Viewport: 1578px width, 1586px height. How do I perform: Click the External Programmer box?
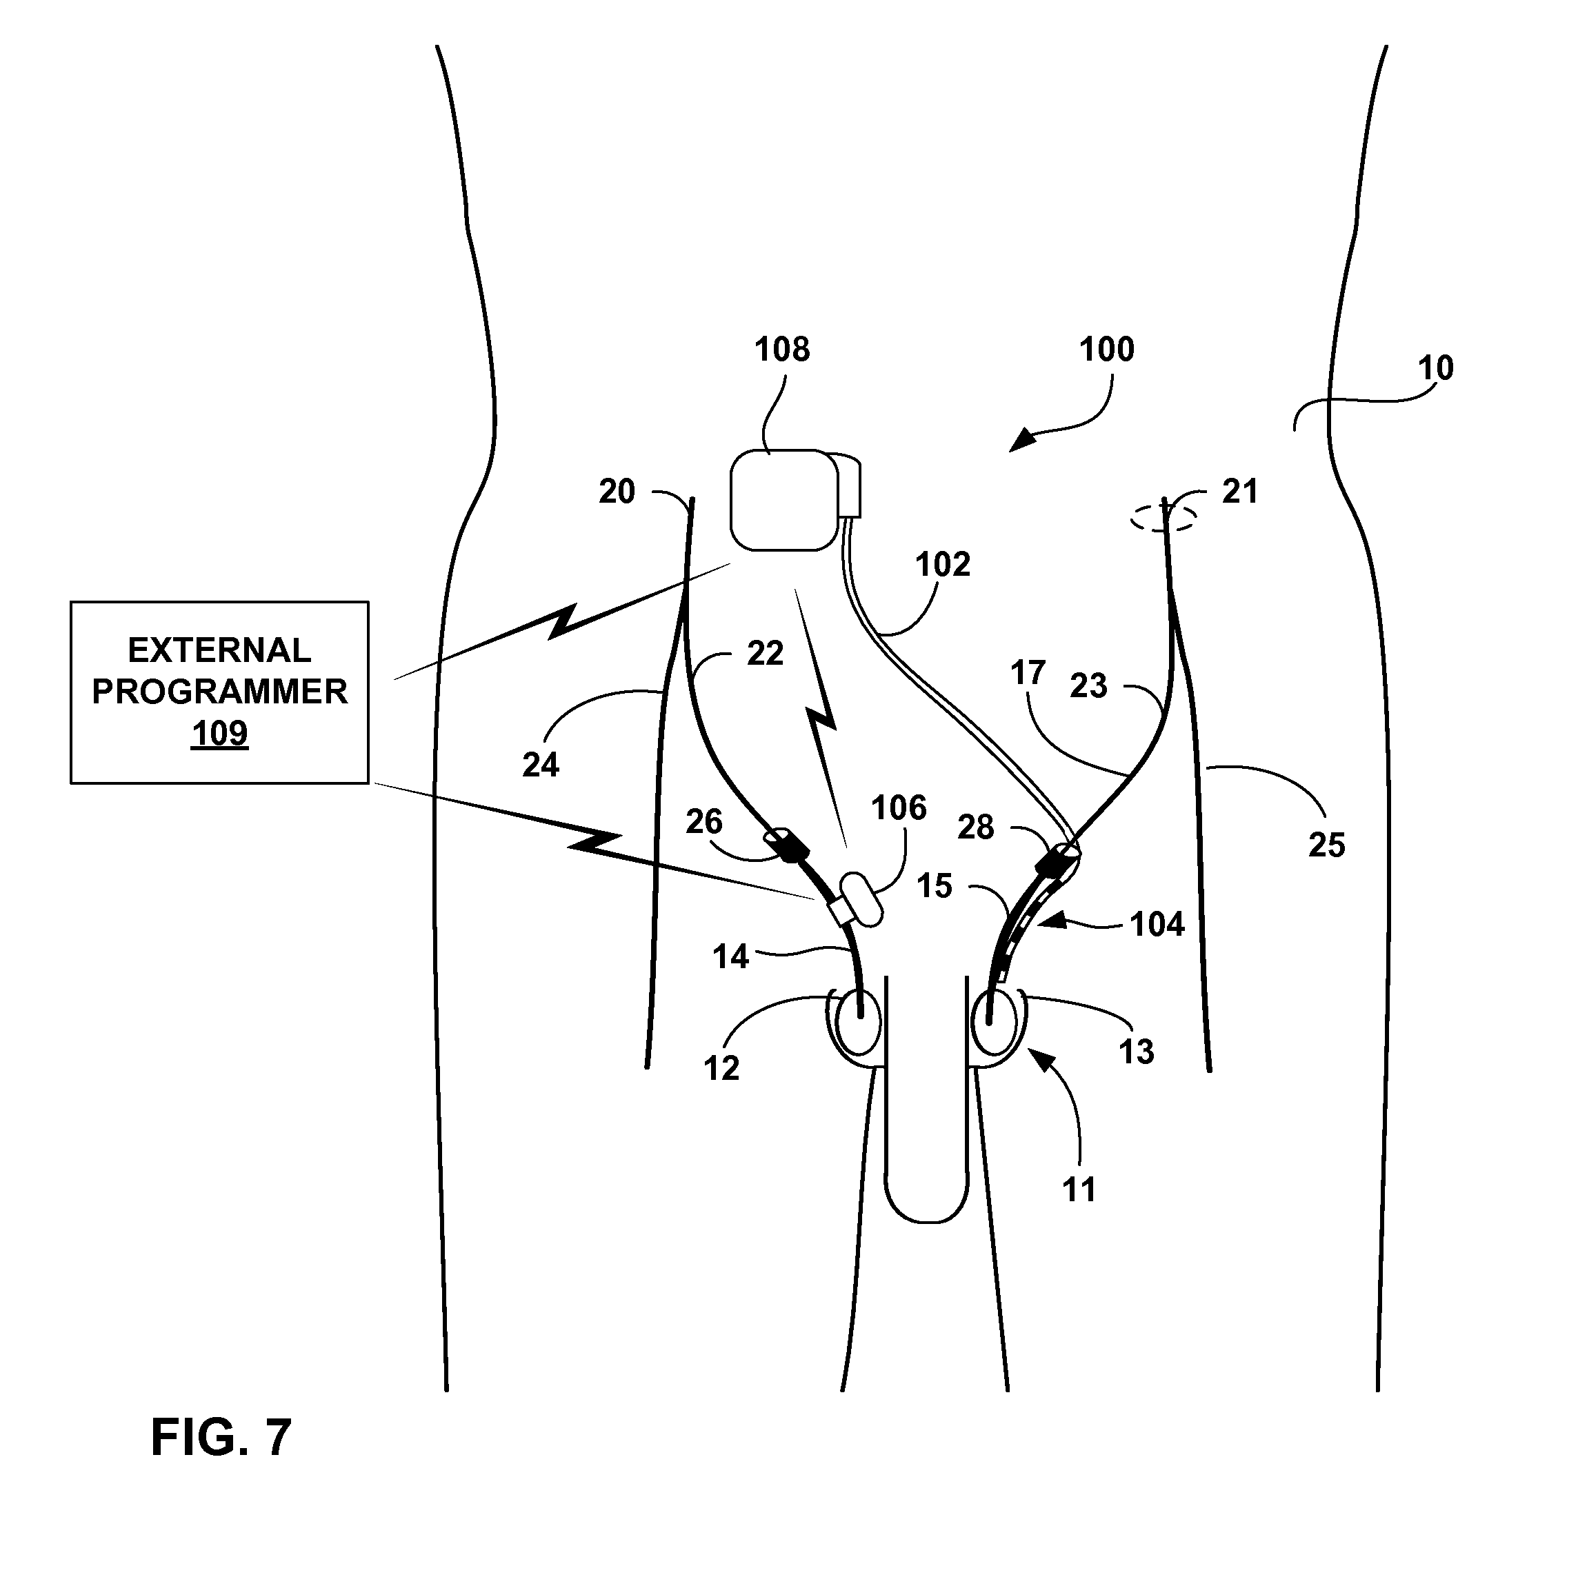[x=219, y=692]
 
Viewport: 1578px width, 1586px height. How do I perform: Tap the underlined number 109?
[x=219, y=733]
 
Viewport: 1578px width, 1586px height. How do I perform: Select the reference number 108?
[x=781, y=350]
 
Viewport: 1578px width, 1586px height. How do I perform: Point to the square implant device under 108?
[x=784, y=500]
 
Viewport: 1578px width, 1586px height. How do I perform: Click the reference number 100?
[x=1106, y=350]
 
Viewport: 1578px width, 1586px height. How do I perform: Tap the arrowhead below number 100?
[x=1023, y=440]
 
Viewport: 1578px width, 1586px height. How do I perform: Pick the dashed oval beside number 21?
[x=1163, y=518]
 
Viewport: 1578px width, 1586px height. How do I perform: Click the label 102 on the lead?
[x=943, y=565]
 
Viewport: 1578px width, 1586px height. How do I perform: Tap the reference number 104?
[x=1157, y=924]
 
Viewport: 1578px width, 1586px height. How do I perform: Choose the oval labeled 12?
[x=857, y=1022]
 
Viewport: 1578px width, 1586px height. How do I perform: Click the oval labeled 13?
[x=995, y=1022]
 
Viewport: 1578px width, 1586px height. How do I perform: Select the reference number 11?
[x=1079, y=1189]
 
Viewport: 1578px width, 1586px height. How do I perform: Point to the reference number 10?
[x=1436, y=369]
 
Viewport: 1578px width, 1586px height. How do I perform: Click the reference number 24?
[x=540, y=765]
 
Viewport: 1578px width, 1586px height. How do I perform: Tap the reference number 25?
[x=1327, y=845]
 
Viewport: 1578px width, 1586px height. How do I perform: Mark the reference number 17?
[x=1027, y=673]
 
